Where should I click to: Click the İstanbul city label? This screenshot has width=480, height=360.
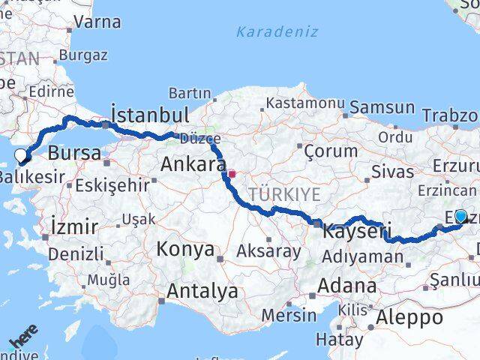(149, 114)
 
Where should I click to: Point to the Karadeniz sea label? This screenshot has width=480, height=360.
(277, 31)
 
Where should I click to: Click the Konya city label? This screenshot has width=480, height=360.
(185, 249)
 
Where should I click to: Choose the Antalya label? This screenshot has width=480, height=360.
(202, 291)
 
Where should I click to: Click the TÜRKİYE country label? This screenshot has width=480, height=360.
(284, 194)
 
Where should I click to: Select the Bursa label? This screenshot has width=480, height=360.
(73, 153)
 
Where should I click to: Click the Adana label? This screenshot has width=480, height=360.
(346, 286)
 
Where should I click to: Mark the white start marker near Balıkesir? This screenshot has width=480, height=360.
(21, 155)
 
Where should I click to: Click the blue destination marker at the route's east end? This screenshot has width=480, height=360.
(460, 216)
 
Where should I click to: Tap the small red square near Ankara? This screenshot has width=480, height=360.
(232, 174)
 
